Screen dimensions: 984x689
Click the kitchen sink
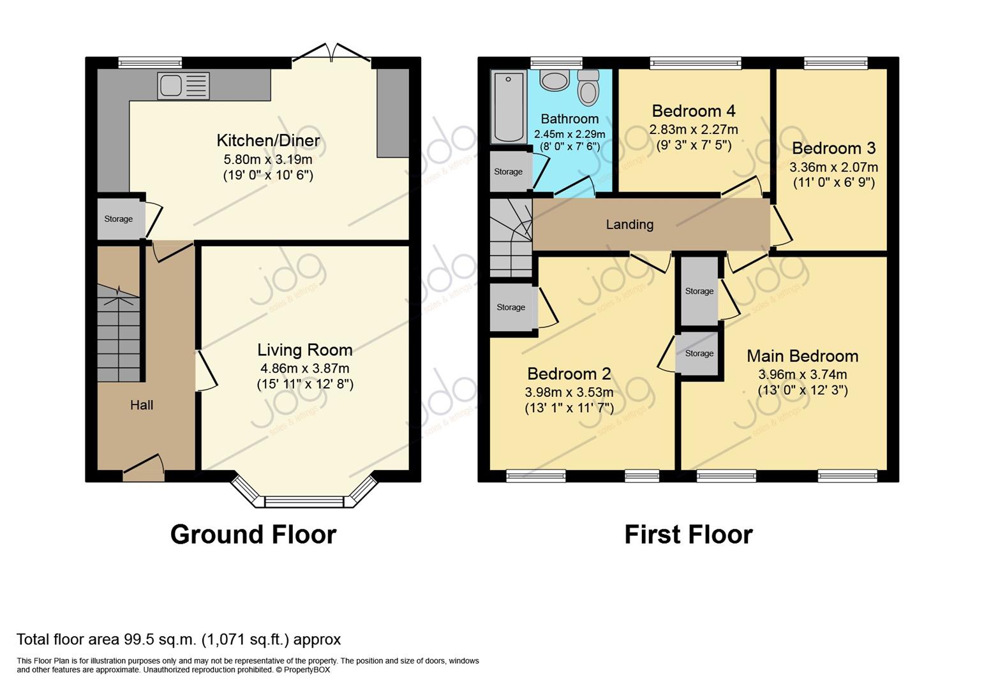tap(183, 85)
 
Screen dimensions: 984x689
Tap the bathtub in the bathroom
tap(508, 107)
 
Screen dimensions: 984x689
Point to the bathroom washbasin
tap(555, 80)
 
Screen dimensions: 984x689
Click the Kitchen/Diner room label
tap(268, 140)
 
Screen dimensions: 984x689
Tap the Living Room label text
tap(305, 350)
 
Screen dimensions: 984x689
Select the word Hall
tap(142, 405)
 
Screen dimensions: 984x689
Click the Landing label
tap(629, 225)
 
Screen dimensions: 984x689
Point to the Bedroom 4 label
tap(694, 111)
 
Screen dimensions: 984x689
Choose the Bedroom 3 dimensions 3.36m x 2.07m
tap(834, 167)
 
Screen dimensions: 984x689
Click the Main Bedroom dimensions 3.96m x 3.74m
tap(803, 374)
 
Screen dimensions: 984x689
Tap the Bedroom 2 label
tap(569, 374)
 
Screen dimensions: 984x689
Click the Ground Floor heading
tap(253, 535)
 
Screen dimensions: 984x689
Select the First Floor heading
tap(689, 535)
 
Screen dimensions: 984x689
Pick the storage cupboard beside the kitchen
tap(119, 219)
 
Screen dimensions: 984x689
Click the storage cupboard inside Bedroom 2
tap(511, 307)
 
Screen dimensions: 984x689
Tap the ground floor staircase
tap(119, 333)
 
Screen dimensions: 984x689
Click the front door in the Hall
tap(144, 467)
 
